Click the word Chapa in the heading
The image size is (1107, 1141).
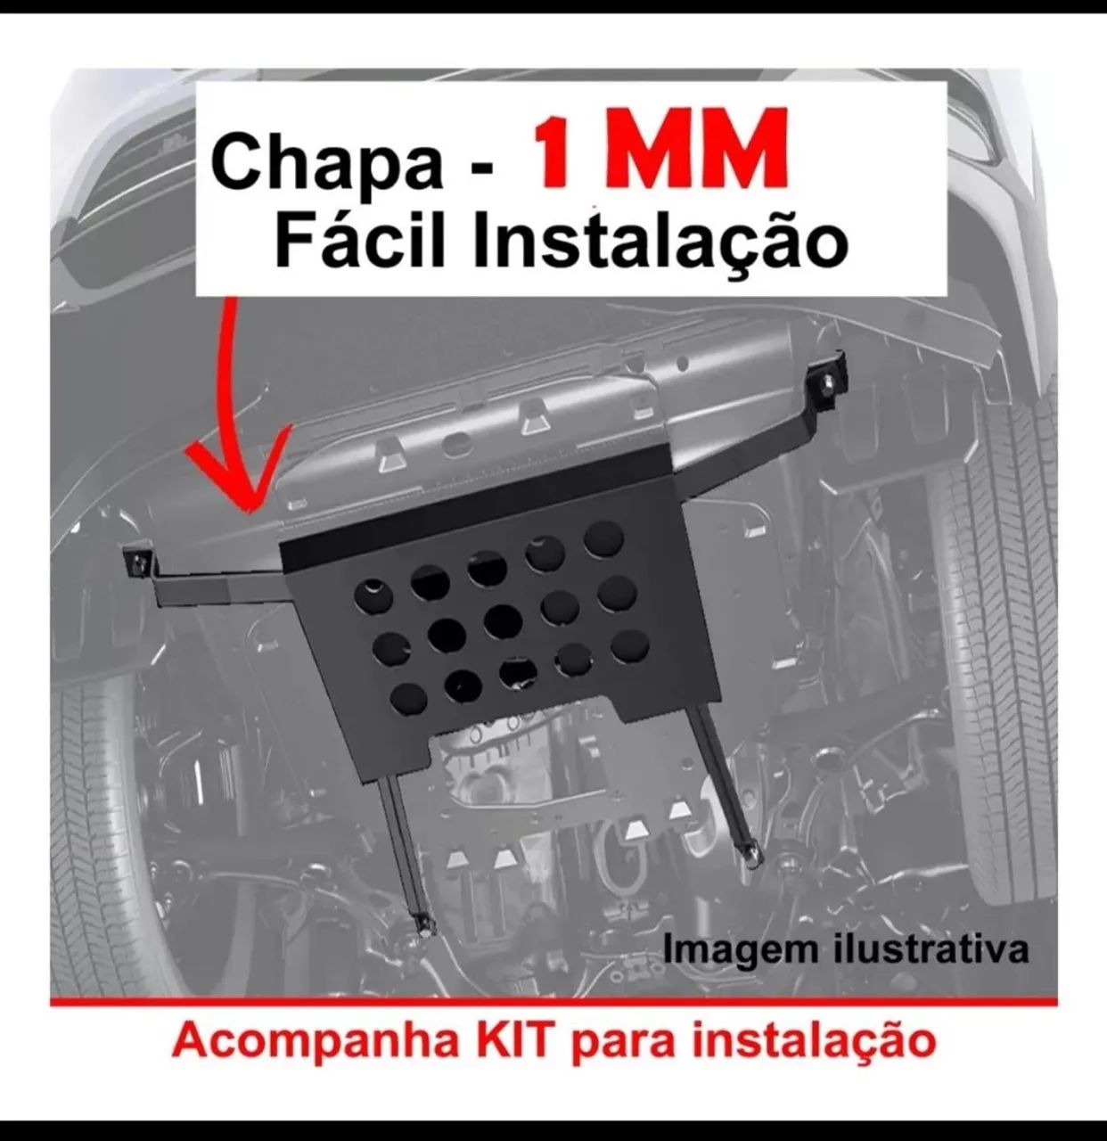tap(326, 160)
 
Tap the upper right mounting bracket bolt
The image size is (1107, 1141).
tap(827, 384)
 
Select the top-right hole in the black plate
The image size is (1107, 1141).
tap(604, 538)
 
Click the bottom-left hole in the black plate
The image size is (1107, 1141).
tap(408, 699)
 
